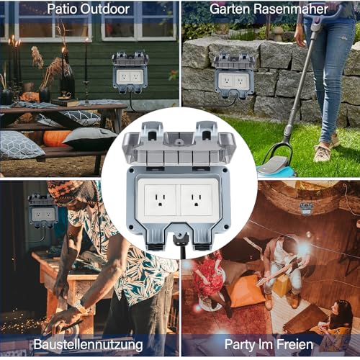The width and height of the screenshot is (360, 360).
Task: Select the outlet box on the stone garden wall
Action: point(234,75)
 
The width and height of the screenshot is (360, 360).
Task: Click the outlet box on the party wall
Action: point(305,210)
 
